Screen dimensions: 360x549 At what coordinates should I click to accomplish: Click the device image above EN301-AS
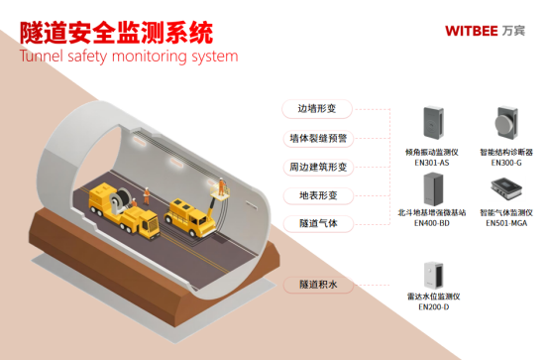coord(432,125)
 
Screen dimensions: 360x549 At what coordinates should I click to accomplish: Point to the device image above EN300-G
coord(505,124)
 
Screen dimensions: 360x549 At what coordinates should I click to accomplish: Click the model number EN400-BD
coord(432,224)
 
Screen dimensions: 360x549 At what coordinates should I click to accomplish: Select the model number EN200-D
coord(433,307)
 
